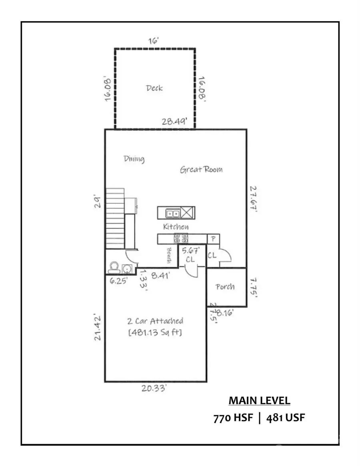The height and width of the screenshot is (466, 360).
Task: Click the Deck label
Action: pyautogui.click(x=154, y=88)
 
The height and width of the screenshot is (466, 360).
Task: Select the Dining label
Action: pyautogui.click(x=134, y=159)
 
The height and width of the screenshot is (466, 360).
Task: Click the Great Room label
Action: pyautogui.click(x=201, y=169)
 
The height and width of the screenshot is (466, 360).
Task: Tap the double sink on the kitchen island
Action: pyautogui.click(x=173, y=213)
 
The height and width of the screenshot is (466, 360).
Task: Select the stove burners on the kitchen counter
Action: pyautogui.click(x=180, y=239)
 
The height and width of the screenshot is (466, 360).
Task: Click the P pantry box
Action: pyautogui.click(x=213, y=239)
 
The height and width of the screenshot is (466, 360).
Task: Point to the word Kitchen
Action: pyautogui.click(x=176, y=227)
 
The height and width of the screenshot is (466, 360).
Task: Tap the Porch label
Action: pyautogui.click(x=225, y=287)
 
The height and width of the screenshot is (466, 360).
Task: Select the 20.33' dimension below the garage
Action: pyautogui.click(x=156, y=388)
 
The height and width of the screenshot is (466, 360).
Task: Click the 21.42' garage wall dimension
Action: pyautogui.click(x=97, y=327)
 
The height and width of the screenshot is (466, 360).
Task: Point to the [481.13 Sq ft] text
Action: pyautogui.click(x=155, y=332)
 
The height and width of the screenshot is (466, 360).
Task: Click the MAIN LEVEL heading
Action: pyautogui.click(x=259, y=400)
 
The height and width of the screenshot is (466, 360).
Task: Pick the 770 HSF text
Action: pyautogui.click(x=233, y=418)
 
